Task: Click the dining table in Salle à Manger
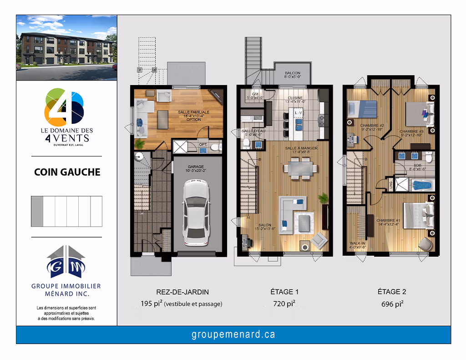point(300,168)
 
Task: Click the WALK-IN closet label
point(357,245)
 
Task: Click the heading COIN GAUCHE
point(67,172)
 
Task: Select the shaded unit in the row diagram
point(37,211)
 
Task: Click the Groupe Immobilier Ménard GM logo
point(66,263)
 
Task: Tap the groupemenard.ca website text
point(233,335)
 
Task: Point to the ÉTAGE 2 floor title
point(391,292)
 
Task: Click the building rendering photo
point(66,48)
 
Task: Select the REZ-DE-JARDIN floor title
point(182,292)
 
